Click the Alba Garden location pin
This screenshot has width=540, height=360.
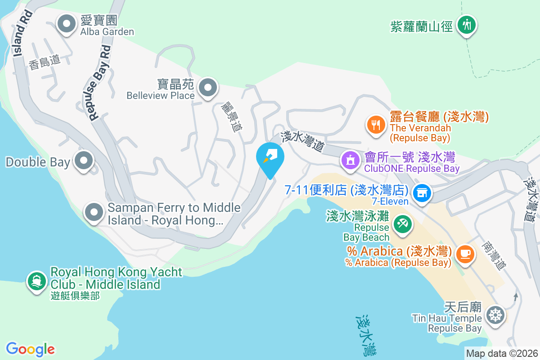coord(67,24)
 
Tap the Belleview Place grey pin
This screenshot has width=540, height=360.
coord(207,88)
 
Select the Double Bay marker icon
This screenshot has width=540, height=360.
coord(83,161)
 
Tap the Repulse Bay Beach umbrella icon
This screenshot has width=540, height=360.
coord(402,224)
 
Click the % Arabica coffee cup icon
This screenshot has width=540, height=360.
coord(465,254)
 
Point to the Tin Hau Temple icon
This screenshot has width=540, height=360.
coord(495,315)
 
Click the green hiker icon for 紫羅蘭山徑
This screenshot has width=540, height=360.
coord(467,24)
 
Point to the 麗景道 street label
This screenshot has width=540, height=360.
coord(232,116)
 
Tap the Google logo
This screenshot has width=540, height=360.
coord(30,349)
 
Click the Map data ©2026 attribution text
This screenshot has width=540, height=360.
coord(502,353)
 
